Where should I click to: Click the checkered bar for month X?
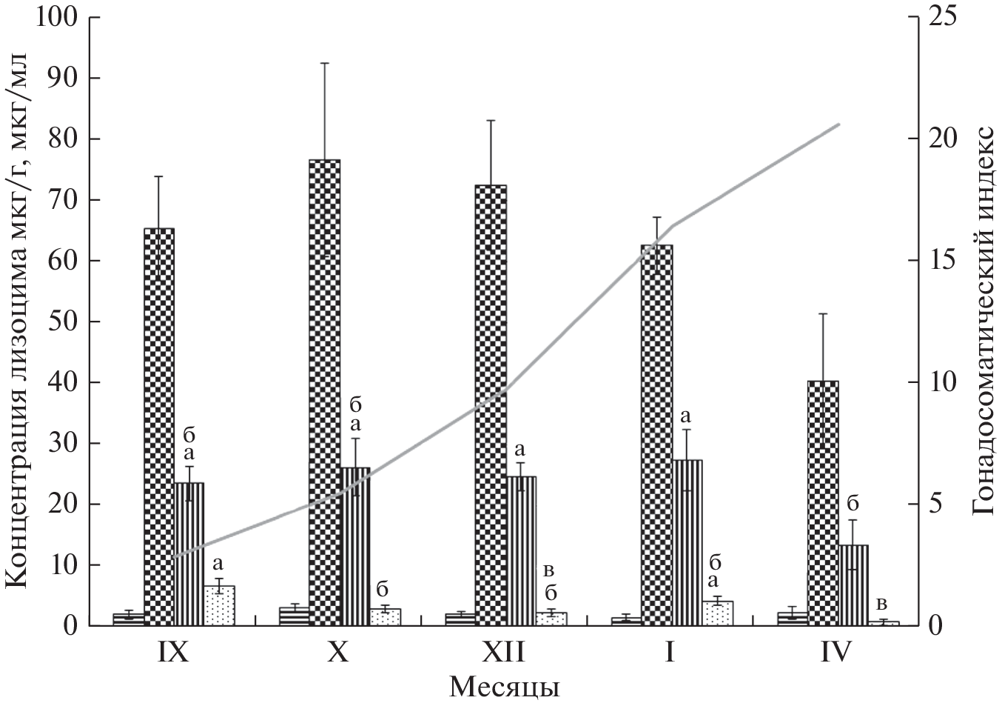tap(324, 393)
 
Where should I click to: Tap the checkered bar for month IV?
tap(822, 503)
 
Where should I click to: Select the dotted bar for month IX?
tap(219, 606)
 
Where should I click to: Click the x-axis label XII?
tap(504, 653)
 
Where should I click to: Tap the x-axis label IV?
tap(837, 653)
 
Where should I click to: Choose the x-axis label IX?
tap(172, 653)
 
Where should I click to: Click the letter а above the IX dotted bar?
tap(218, 563)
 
